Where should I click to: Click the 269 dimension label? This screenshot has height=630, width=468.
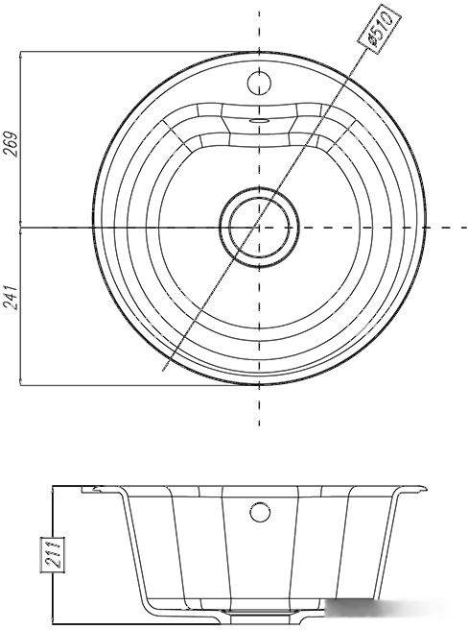pyautogui.click(x=11, y=144)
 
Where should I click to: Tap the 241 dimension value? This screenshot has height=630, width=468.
pyautogui.click(x=11, y=298)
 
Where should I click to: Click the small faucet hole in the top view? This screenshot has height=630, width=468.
pyautogui.click(x=259, y=83)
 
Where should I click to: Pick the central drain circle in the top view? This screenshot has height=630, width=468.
pyautogui.click(x=259, y=227)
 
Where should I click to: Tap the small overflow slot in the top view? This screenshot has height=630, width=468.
pyautogui.click(x=259, y=120)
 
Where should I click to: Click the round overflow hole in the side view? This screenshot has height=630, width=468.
pyautogui.click(x=259, y=512)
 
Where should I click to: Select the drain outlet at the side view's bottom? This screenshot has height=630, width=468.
pyautogui.click(x=259, y=622)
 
